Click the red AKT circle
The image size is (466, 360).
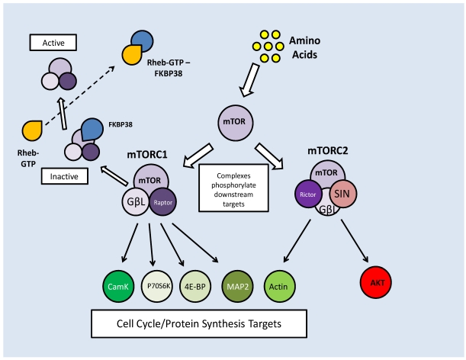(376, 282)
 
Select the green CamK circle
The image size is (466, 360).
(118, 286)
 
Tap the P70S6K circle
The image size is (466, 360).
(157, 286)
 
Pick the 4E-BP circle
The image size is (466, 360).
(195, 286)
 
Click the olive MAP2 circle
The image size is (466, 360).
(237, 286)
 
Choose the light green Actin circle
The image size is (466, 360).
(280, 286)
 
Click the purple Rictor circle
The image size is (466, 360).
(308, 194)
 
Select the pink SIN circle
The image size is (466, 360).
(343, 194)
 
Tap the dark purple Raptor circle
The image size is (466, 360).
(162, 202)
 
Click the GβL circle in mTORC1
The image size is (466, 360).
(136, 202)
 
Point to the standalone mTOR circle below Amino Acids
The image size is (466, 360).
(236, 123)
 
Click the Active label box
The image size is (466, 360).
(53, 43)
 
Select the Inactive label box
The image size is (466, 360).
(65, 176)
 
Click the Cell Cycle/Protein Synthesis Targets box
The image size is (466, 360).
(199, 323)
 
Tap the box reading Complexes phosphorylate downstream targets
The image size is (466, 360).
(233, 188)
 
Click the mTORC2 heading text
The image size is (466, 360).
(327, 151)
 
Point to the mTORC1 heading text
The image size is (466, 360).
(147, 155)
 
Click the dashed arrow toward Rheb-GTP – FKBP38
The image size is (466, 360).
(79, 96)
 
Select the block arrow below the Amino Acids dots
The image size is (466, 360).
(249, 80)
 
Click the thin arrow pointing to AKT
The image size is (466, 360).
(355, 241)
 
